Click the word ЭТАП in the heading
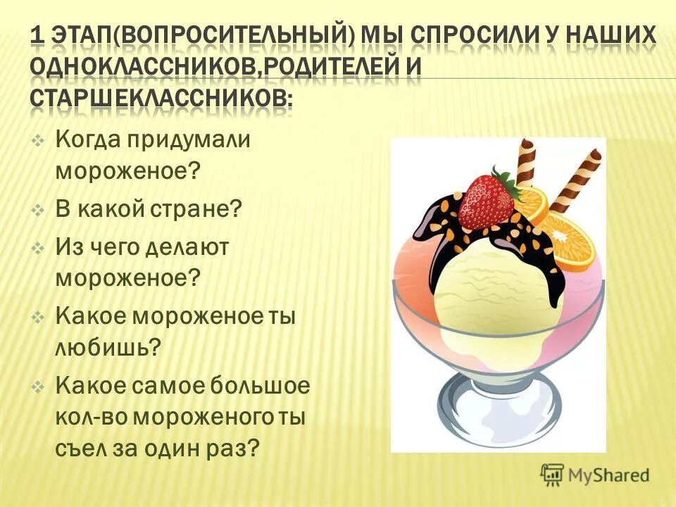pos(85,35)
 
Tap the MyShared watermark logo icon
pos(553,474)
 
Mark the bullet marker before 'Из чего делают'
pos(39,248)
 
